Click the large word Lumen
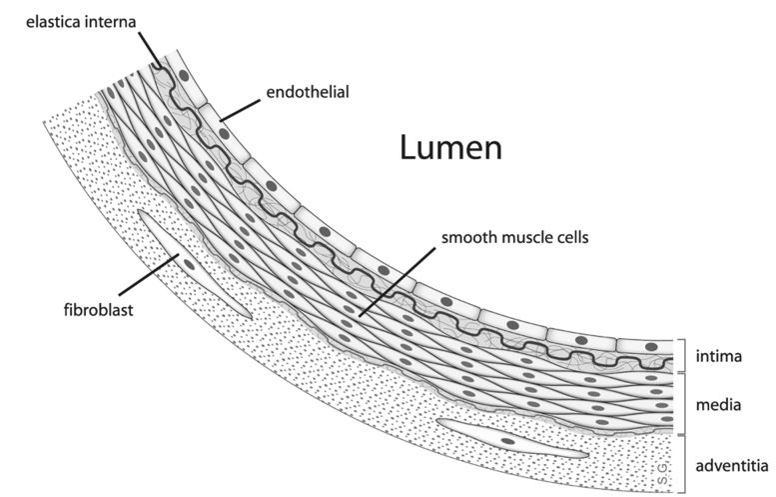tap(450, 148)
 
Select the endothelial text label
tap(306, 93)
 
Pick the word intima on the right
tap(719, 355)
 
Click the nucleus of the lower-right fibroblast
tap(508, 441)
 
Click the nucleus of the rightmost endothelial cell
tap(651, 346)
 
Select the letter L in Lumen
tap(409, 148)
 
